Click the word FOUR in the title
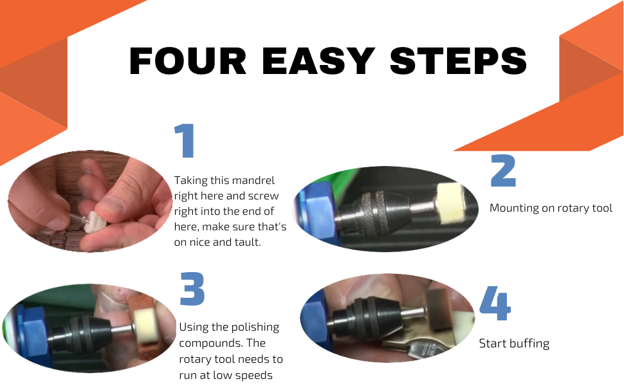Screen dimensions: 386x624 point(188,61)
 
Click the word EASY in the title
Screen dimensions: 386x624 point(319,61)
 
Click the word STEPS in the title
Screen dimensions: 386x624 point(459,61)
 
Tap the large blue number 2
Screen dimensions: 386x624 point(503,170)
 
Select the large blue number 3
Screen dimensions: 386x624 point(192,289)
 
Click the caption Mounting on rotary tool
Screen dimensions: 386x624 point(551,208)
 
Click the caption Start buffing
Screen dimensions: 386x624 point(514,343)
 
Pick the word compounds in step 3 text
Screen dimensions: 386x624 point(208,343)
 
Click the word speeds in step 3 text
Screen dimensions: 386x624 point(258,374)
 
